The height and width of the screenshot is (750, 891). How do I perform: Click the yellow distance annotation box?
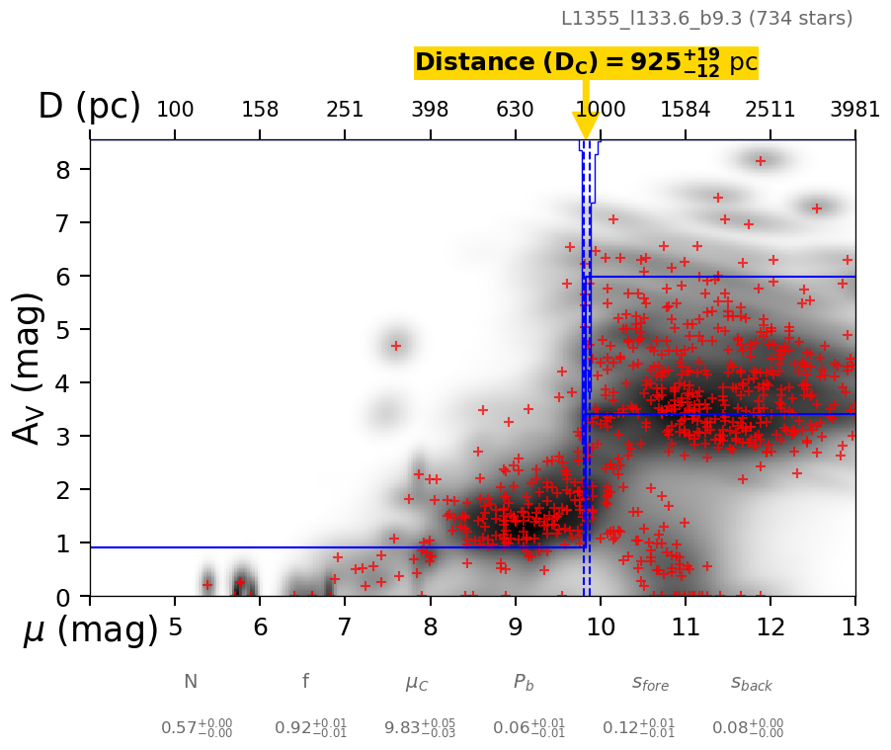[586, 63]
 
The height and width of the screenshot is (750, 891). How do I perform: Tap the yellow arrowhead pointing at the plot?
[586, 125]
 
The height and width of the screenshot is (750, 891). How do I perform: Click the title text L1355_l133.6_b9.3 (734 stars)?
[706, 18]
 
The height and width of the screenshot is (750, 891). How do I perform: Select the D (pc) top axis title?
[89, 107]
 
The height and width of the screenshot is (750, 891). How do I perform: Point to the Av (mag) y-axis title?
[29, 368]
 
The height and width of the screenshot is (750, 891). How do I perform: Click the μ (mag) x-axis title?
[90, 630]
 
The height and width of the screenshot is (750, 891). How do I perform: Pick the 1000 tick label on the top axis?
[600, 110]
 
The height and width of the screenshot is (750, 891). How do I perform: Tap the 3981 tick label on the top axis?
[854, 110]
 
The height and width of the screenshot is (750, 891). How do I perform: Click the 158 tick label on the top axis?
[260, 110]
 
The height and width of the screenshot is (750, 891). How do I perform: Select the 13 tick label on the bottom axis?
[854, 627]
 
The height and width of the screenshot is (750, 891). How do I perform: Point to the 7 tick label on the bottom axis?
[345, 627]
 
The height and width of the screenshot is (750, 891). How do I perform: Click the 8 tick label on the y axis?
[64, 170]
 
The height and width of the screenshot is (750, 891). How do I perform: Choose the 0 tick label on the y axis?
[64, 597]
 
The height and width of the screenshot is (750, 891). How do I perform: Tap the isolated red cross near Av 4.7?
[396, 346]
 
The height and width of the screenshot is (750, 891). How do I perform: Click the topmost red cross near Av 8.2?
[761, 161]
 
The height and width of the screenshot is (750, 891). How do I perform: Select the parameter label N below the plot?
[191, 682]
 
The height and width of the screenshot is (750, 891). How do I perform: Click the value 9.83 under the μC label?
[406, 728]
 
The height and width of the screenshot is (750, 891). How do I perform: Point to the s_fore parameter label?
[650, 683]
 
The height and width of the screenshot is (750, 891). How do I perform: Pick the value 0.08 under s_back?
[749, 728]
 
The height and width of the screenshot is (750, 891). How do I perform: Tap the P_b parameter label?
[524, 682]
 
